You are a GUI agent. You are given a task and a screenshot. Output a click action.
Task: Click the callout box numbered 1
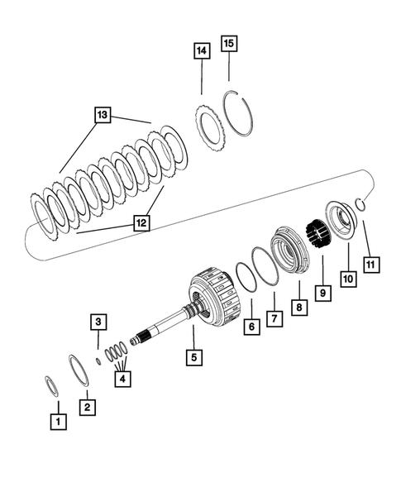click(x=57, y=422)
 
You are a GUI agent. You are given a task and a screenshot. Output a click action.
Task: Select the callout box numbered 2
click(x=85, y=406)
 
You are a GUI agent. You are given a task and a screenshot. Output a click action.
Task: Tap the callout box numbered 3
click(x=98, y=322)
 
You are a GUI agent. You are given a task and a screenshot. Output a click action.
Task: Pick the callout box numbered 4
click(x=123, y=378)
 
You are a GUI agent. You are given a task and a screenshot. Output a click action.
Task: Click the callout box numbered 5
click(x=193, y=359)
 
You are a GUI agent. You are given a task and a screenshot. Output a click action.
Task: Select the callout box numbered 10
click(x=347, y=279)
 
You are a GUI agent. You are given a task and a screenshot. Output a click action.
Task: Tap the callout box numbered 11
click(x=371, y=265)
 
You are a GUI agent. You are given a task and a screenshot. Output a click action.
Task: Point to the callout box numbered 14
click(x=202, y=51)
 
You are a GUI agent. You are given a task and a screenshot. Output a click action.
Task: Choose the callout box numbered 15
click(x=229, y=42)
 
